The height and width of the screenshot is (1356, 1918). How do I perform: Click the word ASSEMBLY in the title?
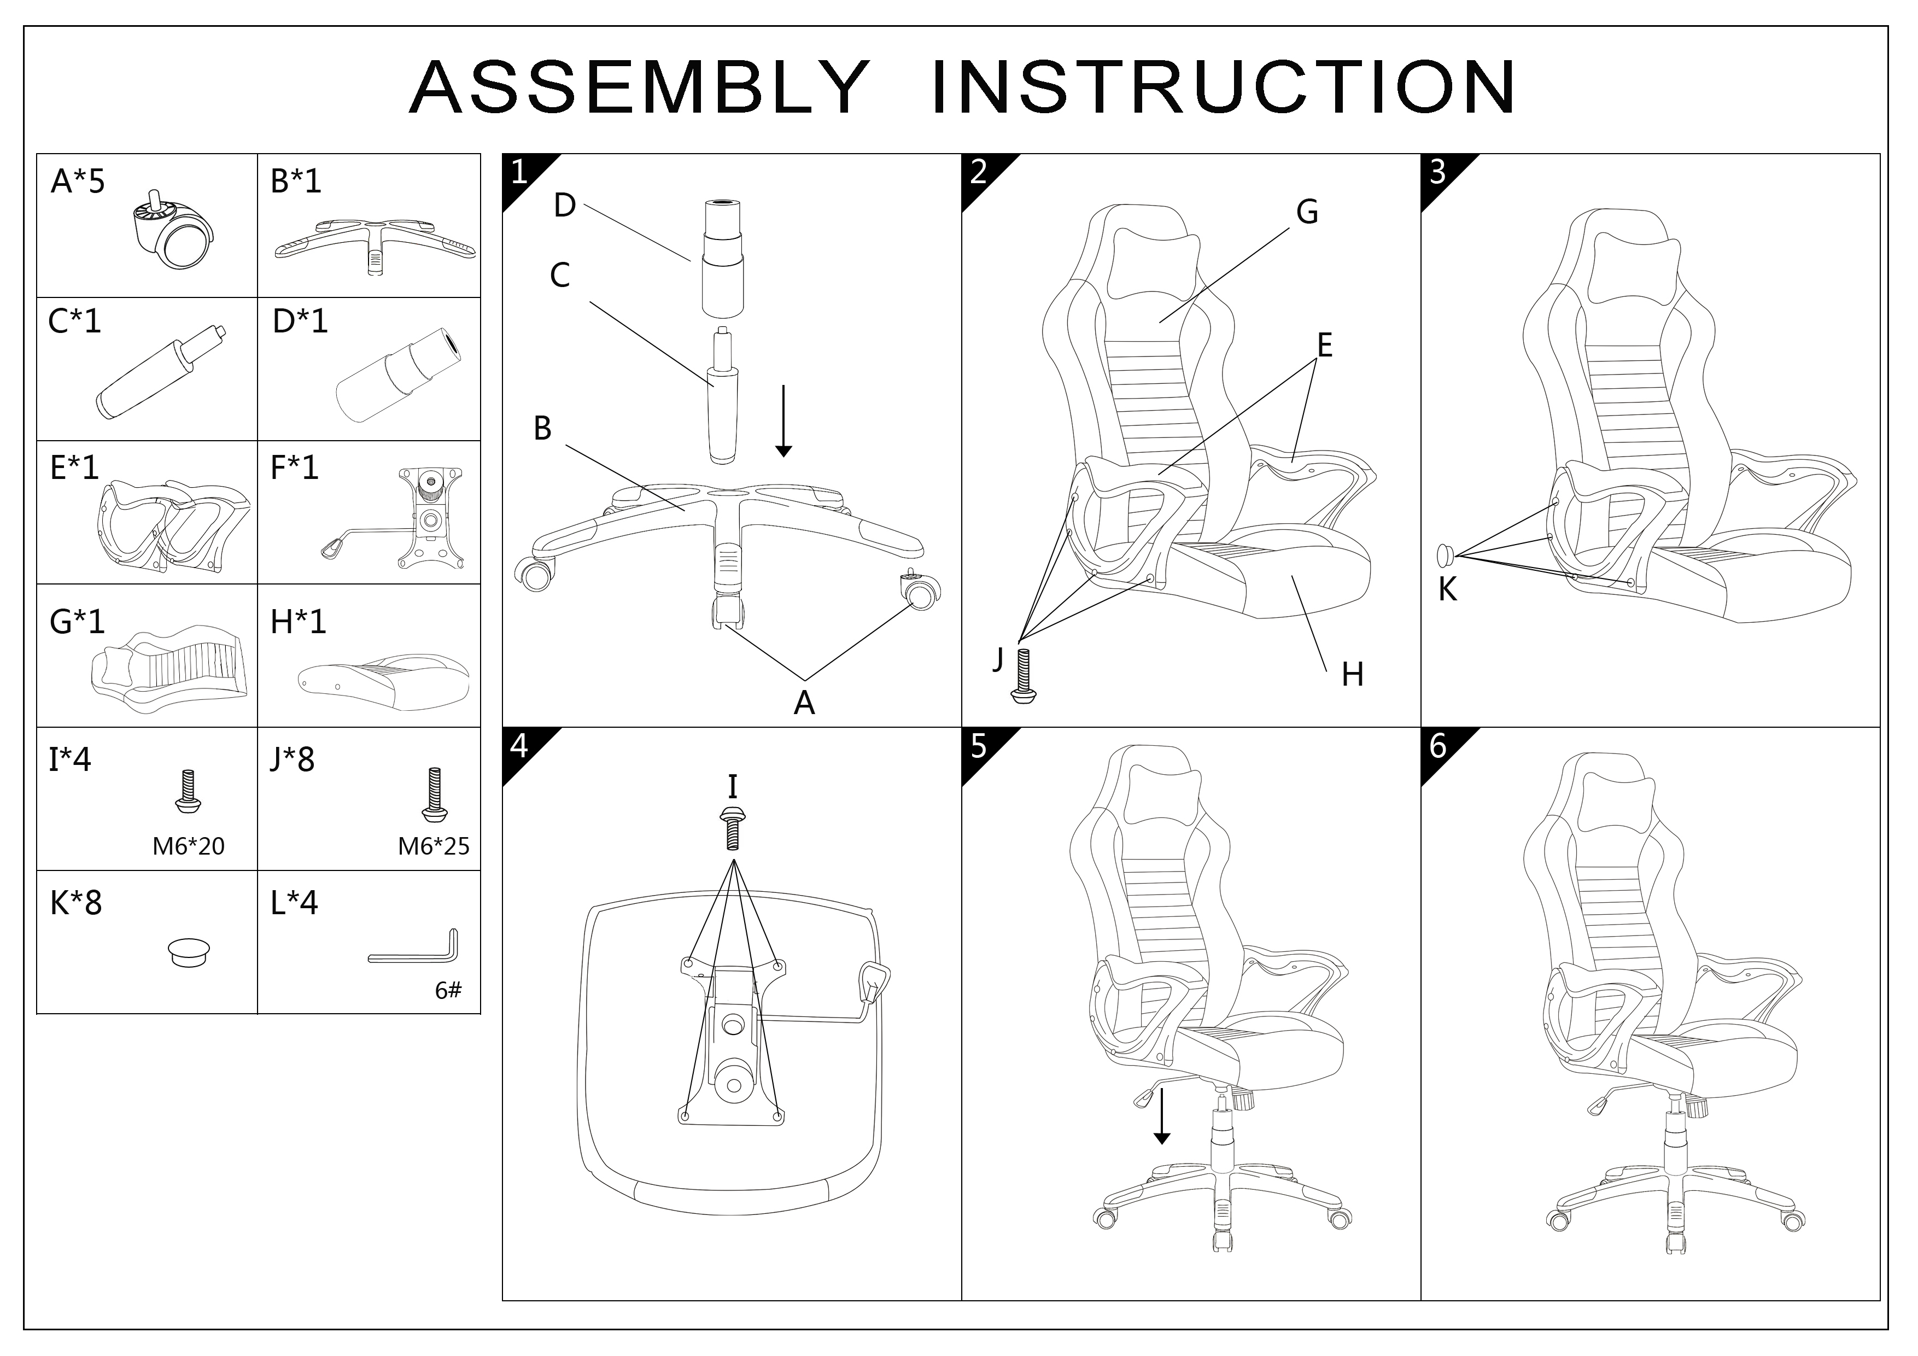(639, 87)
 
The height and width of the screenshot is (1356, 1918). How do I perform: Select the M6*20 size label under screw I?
(188, 846)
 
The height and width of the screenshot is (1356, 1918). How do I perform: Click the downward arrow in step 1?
(783, 422)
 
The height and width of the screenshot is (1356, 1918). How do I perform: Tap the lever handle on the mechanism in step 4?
(874, 981)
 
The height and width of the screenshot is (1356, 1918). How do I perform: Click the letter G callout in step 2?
(1307, 212)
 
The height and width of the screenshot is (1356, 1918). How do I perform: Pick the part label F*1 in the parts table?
(294, 467)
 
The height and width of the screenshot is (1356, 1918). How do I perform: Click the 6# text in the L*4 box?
(448, 991)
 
